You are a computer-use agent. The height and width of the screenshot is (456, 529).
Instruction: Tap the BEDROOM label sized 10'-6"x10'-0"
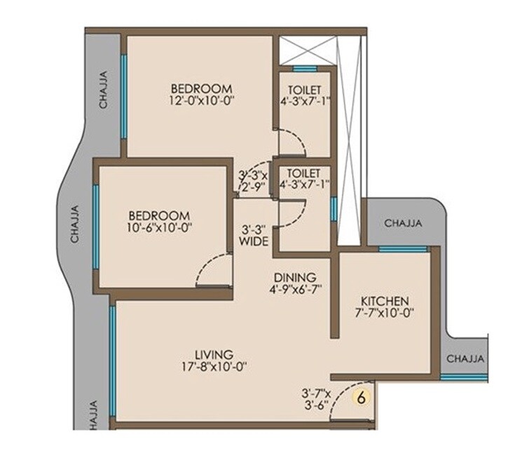tap(158, 215)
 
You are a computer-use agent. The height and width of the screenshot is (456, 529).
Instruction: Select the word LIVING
tap(214, 354)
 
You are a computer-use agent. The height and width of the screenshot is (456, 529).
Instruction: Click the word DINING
tap(295, 277)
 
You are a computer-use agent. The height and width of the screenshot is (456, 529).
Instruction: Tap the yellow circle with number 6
tap(362, 397)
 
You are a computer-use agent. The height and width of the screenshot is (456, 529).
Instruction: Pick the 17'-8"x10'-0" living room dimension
tap(214, 366)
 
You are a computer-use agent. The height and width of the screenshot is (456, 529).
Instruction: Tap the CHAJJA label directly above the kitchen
tap(404, 224)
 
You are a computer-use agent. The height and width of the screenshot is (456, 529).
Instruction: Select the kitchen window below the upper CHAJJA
tap(403, 249)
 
